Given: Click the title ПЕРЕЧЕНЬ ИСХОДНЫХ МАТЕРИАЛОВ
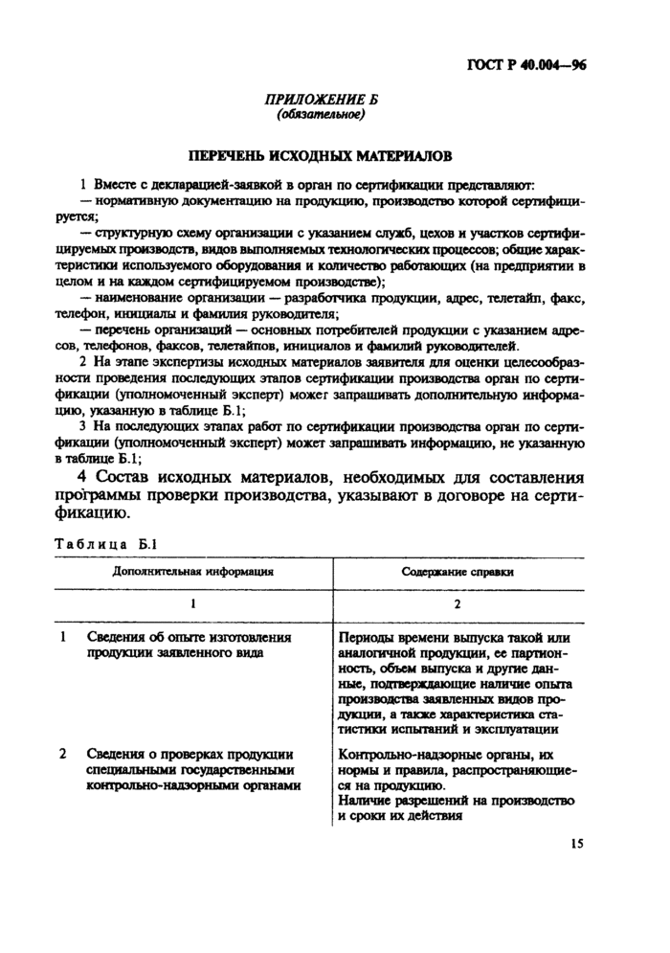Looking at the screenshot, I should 321,155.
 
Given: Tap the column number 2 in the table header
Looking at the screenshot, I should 458,604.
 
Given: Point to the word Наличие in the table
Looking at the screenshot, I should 366,800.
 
